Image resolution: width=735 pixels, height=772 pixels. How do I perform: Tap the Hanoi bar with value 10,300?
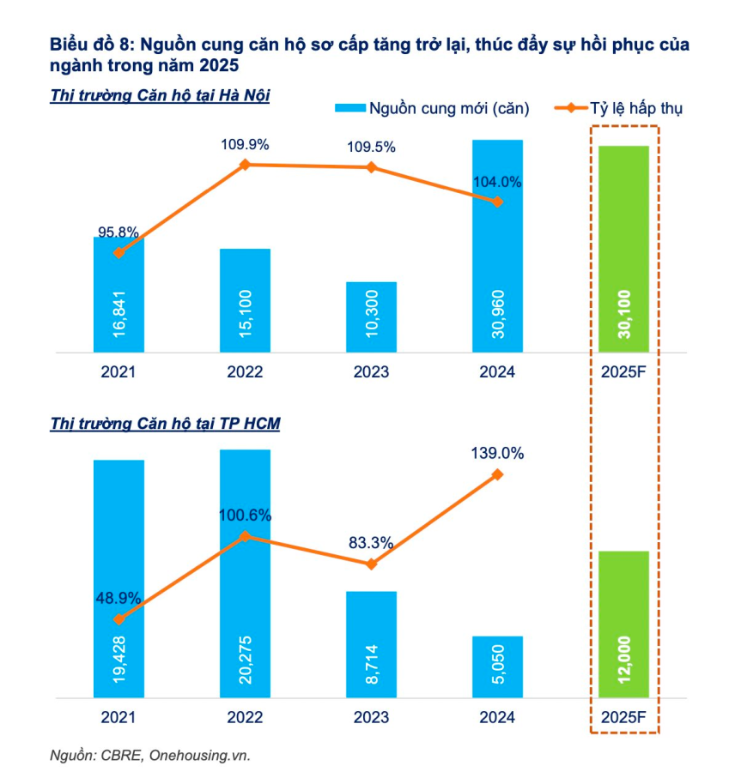pos(372,317)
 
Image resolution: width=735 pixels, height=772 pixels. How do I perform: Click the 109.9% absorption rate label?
pos(246,144)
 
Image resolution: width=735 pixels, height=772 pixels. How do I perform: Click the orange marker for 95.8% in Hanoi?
pos(118,252)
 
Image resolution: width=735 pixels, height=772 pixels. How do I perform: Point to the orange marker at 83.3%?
pos(372,564)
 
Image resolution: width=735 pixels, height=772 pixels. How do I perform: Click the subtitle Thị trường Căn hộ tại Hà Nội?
pos(161,95)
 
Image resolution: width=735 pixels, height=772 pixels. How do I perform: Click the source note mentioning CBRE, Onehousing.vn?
pos(149,755)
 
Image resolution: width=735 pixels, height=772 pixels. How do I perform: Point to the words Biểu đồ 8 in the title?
pos(90,44)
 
